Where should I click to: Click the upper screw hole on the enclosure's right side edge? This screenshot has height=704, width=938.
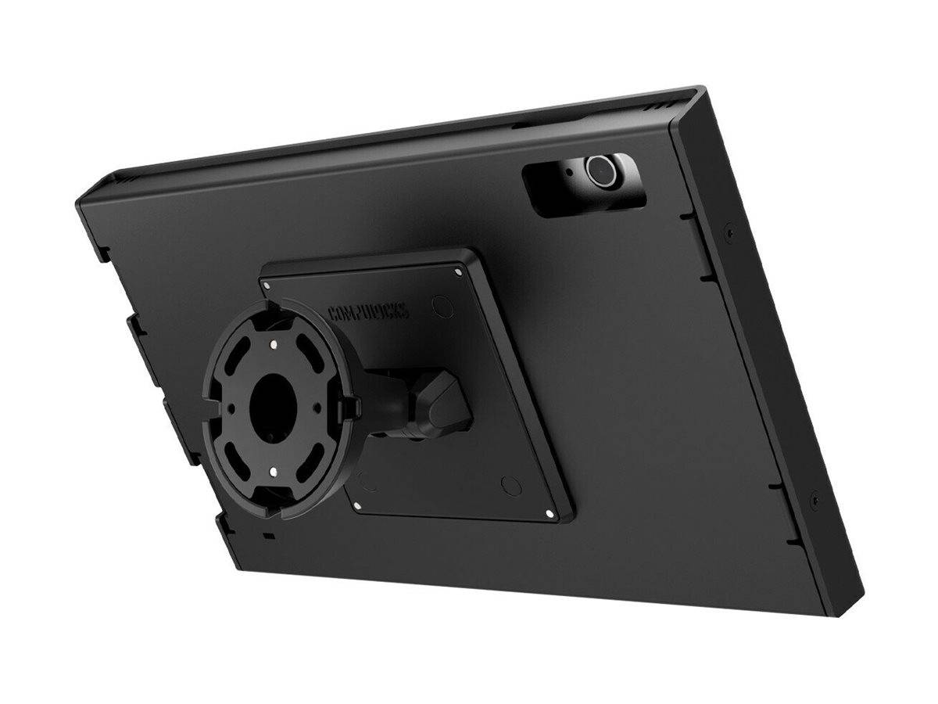click(x=729, y=232)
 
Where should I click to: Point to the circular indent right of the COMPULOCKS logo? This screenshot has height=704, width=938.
click(x=443, y=305)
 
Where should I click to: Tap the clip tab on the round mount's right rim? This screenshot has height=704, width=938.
click(x=351, y=404)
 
